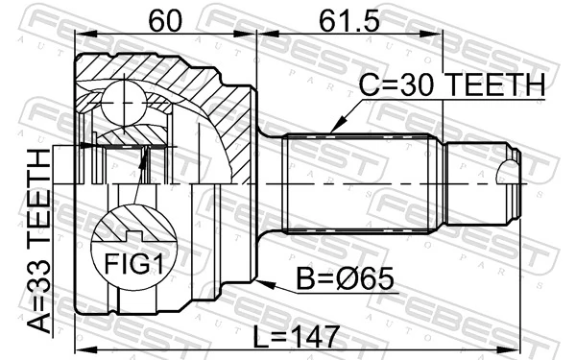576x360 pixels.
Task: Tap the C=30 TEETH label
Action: (x=452, y=85)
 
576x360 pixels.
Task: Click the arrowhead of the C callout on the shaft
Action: (x=331, y=130)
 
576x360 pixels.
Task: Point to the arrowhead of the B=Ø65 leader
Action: (x=260, y=285)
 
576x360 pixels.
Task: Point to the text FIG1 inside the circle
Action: (x=134, y=262)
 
